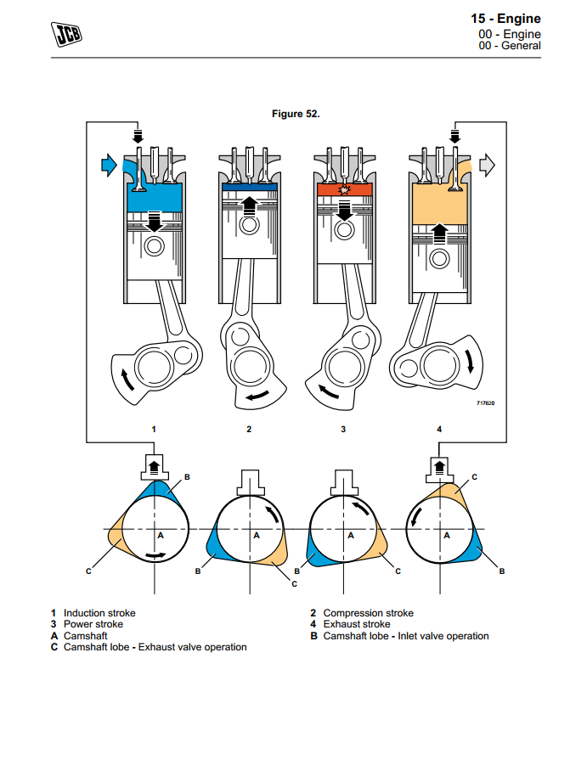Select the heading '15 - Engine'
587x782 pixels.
pyautogui.click(x=505, y=19)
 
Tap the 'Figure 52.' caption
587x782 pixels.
pyautogui.click(x=296, y=114)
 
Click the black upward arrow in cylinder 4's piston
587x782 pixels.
pyautogui.click(x=439, y=230)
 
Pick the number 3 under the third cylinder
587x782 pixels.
pyautogui.click(x=343, y=430)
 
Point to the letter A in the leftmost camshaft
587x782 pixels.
pyautogui.click(x=160, y=536)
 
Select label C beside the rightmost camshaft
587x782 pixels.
pyautogui.click(x=474, y=477)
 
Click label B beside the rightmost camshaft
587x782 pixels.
pyautogui.click(x=501, y=571)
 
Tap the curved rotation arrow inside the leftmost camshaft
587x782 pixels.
pyautogui.click(x=155, y=556)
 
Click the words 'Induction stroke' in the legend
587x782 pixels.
pyautogui.click(x=99, y=613)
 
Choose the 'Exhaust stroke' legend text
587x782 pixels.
pyautogui.click(x=357, y=624)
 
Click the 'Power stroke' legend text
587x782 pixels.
pyautogui.click(x=93, y=624)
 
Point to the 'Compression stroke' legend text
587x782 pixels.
pyautogui.click(x=368, y=613)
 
